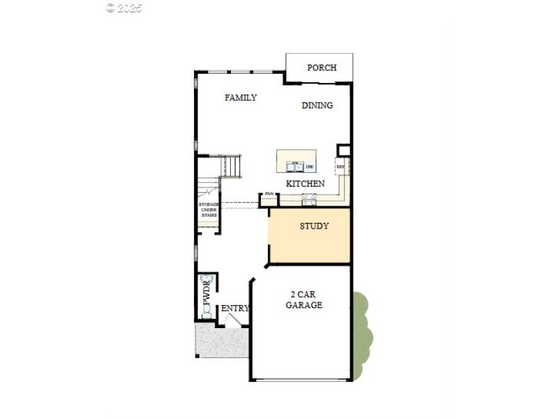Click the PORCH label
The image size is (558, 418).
322,68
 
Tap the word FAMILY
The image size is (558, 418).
241,98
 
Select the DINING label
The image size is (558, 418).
317,105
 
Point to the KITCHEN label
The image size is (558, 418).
306,183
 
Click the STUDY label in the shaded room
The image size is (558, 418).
314,226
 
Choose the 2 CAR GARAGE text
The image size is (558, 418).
304,300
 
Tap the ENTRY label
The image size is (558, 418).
235,309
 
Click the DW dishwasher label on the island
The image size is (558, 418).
309,167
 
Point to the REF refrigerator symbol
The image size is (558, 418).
341,167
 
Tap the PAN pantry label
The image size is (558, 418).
269,194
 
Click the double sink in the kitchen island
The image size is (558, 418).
294,167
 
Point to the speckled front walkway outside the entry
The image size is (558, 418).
221,342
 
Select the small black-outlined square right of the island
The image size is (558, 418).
343,150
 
